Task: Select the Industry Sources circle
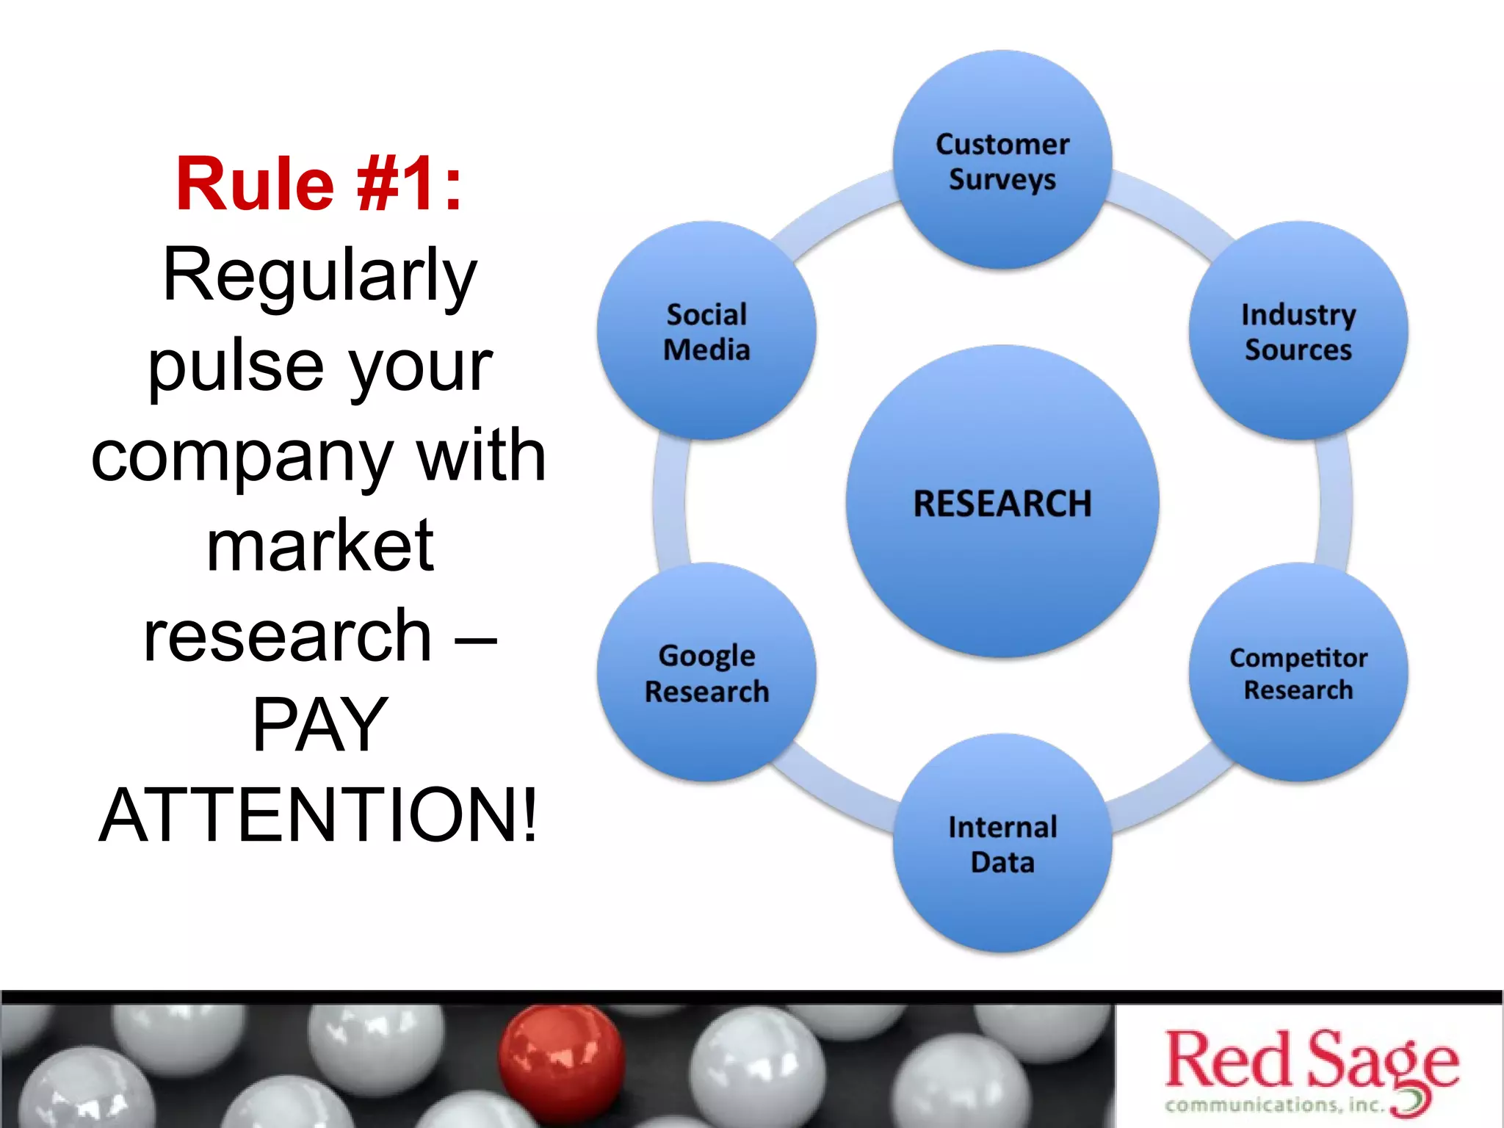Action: [x=1298, y=331]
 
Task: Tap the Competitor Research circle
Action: [x=1298, y=673]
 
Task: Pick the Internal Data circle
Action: [x=1002, y=844]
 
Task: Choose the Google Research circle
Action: [x=706, y=673]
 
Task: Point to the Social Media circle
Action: [x=706, y=331]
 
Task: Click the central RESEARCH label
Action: [x=1002, y=504]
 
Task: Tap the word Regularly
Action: [x=319, y=276]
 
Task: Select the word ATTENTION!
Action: [x=319, y=815]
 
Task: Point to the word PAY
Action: [x=319, y=726]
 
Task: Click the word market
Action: [x=319, y=545]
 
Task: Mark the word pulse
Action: [x=235, y=367]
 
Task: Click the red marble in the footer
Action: [x=561, y=1057]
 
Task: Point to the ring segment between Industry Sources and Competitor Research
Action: [x=1335, y=502]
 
